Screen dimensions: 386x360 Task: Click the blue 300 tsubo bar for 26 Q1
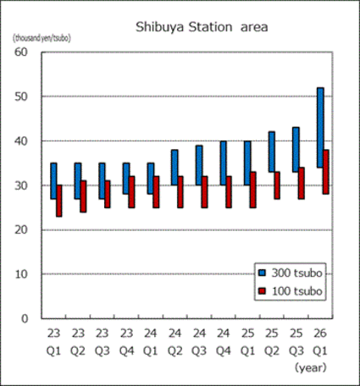(x=319, y=127)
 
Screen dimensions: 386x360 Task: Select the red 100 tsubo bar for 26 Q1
(x=325, y=172)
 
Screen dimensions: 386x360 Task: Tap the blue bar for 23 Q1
(x=53, y=180)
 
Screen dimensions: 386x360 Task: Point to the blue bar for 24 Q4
(x=223, y=163)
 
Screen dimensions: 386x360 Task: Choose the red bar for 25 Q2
(x=277, y=185)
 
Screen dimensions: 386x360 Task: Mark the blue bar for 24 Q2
(x=174, y=168)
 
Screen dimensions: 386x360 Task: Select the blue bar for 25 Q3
(x=296, y=149)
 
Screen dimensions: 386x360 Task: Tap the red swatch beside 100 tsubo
(x=263, y=290)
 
